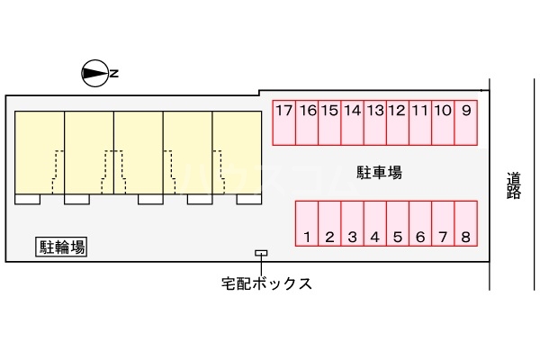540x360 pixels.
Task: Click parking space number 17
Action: pyautogui.click(x=284, y=122)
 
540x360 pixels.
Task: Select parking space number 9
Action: pyautogui.click(x=465, y=122)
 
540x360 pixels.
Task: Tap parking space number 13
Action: pyautogui.click(x=375, y=122)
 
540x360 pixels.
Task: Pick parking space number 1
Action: pyautogui.click(x=307, y=224)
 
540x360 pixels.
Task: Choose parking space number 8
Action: pyautogui.click(x=465, y=224)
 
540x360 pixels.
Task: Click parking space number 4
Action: pyautogui.click(x=374, y=224)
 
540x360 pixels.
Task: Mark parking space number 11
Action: pyautogui.click(x=420, y=122)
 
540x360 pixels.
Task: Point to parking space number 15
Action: pyautogui.click(x=329, y=122)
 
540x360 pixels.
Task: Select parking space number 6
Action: pyautogui.click(x=420, y=224)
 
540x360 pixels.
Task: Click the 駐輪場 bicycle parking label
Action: pyautogui.click(x=62, y=247)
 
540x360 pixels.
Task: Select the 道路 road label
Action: pyautogui.click(x=514, y=184)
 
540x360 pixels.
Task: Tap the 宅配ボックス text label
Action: pyautogui.click(x=267, y=284)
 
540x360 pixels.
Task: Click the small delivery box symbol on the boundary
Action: pyautogui.click(x=261, y=252)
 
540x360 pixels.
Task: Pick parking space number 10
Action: pyautogui.click(x=443, y=122)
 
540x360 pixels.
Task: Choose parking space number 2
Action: pyautogui.click(x=329, y=224)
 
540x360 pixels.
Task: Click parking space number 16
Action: pyautogui.click(x=307, y=122)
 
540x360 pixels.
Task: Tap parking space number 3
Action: pyautogui.click(x=352, y=224)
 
